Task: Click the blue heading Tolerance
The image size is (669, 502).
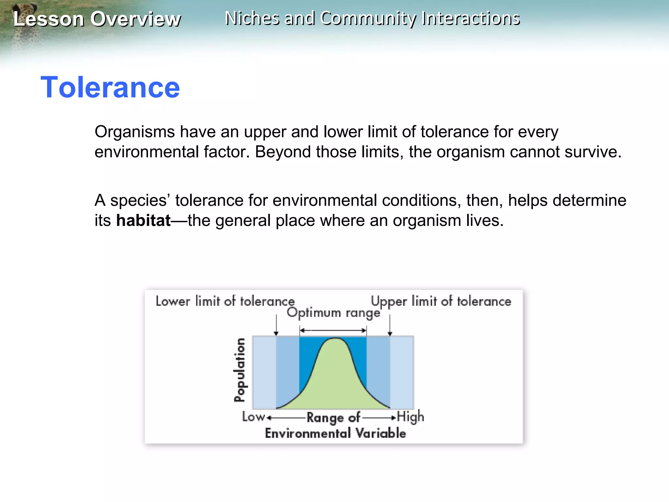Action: [x=110, y=87]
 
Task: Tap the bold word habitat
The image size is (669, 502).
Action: [x=143, y=221]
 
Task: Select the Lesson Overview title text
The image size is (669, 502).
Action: [x=97, y=19]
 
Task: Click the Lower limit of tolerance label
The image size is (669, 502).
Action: [x=225, y=301]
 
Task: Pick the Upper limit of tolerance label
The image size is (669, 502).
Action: [x=441, y=301]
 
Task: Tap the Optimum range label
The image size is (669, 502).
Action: [x=334, y=313]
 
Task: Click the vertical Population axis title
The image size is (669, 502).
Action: [x=240, y=370]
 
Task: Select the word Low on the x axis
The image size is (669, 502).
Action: [x=253, y=417]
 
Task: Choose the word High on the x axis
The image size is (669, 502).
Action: [x=411, y=417]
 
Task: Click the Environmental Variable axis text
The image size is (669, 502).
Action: [x=335, y=433]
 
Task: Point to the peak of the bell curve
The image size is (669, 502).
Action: [x=335, y=339]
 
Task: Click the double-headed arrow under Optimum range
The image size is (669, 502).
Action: [x=333, y=330]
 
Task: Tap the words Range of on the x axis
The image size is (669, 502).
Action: [x=333, y=417]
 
